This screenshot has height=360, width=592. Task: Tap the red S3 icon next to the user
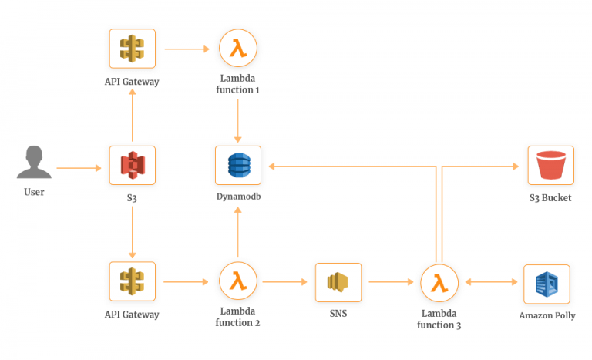[132, 165]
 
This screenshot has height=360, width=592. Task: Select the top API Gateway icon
[132, 49]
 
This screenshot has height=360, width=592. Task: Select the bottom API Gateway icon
[132, 281]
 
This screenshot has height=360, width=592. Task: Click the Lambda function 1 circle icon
[237, 49]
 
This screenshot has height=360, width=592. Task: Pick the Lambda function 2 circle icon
[237, 281]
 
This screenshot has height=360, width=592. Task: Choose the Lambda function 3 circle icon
[439, 283]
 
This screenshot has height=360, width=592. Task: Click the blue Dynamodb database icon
[237, 165]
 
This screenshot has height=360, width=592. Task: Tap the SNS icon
[338, 281]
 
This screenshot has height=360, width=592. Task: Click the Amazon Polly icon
[547, 284]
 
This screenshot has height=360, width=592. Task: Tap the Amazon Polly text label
[547, 316]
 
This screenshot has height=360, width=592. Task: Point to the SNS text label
[338, 315]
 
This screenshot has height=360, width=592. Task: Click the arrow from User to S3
[79, 167]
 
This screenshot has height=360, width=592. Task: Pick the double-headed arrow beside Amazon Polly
[491, 283]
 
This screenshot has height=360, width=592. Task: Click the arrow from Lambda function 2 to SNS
[287, 282]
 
